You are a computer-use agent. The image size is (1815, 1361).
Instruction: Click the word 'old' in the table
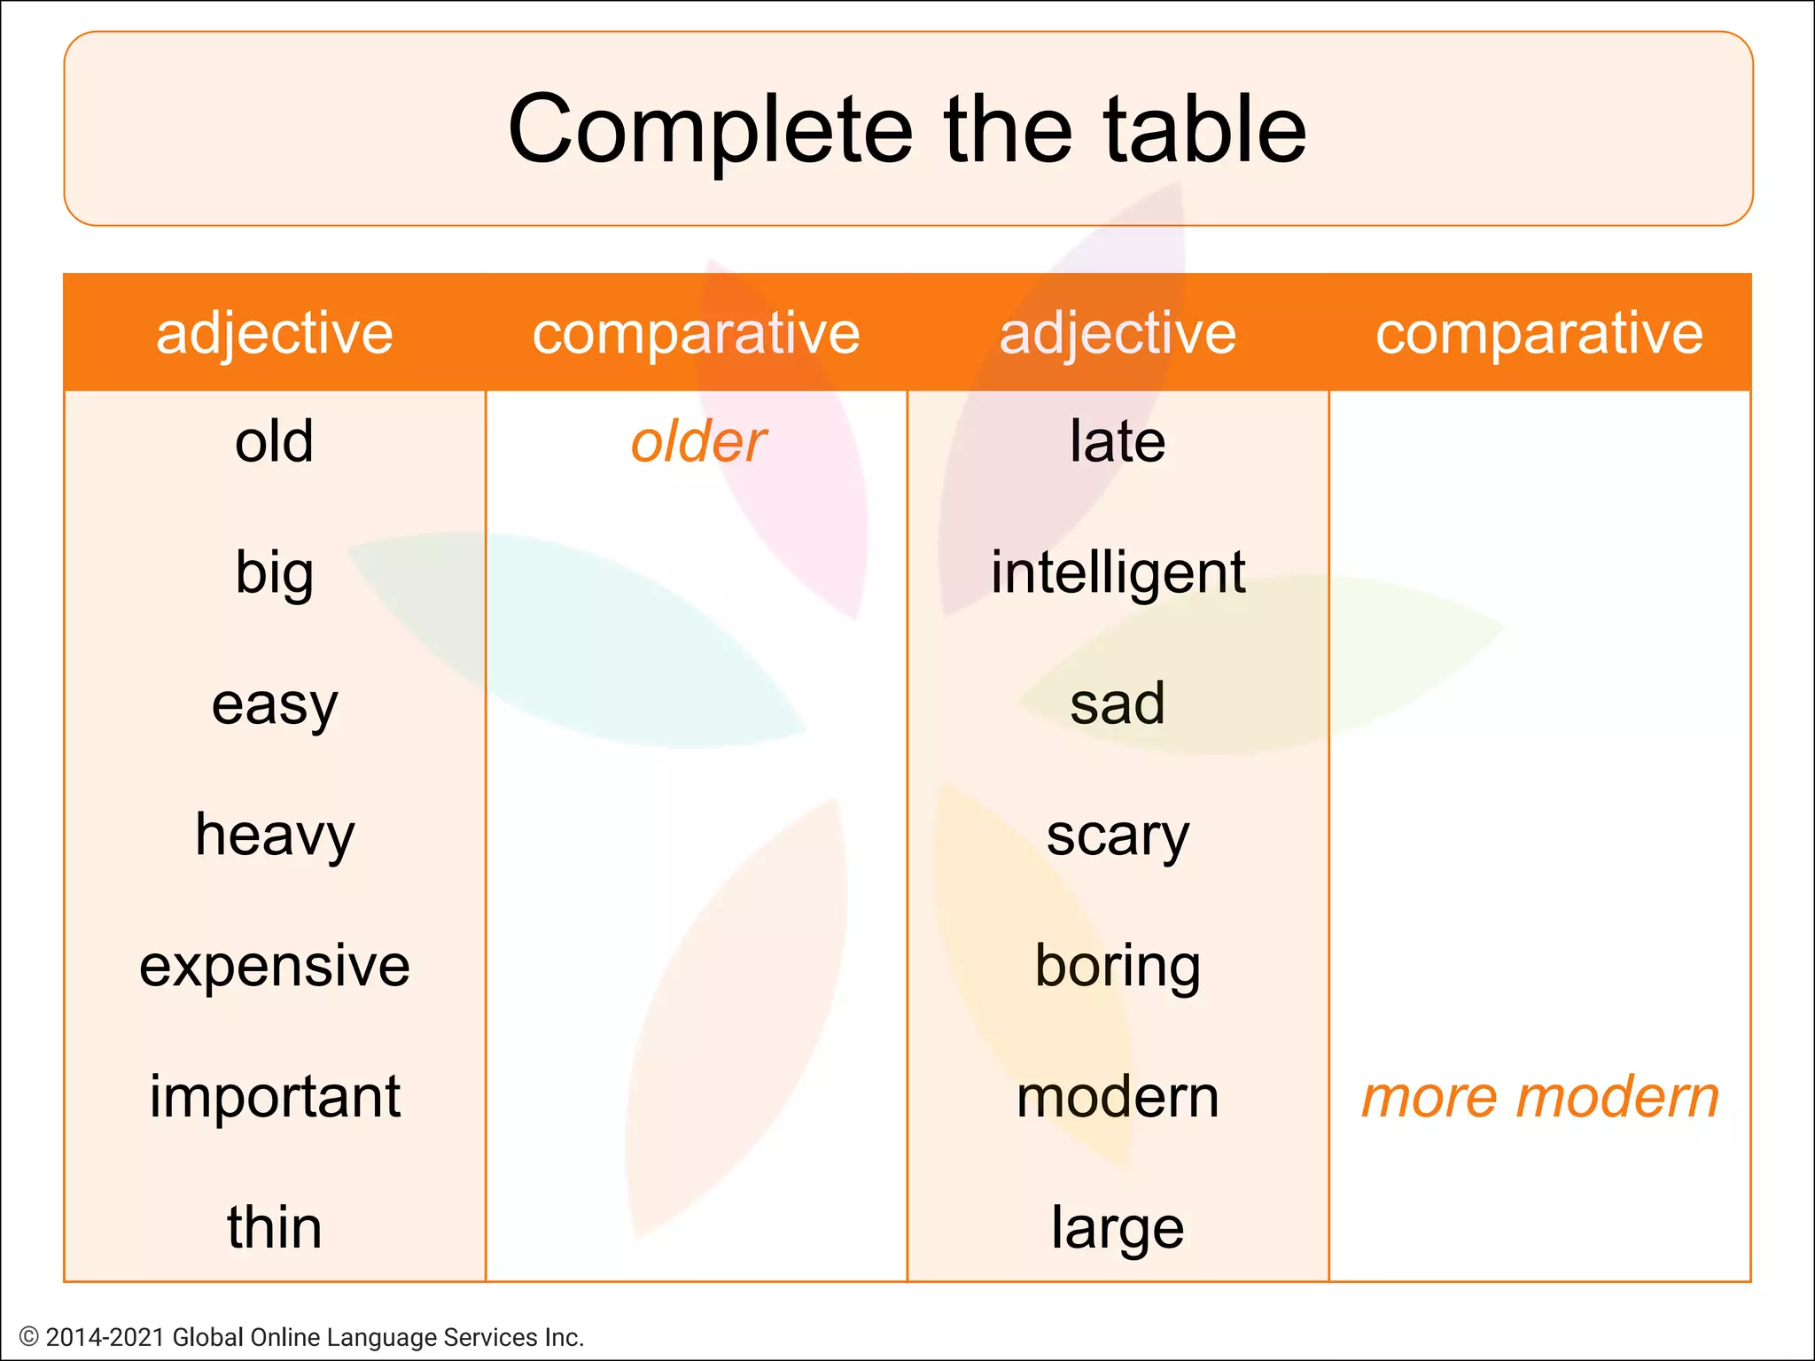click(274, 440)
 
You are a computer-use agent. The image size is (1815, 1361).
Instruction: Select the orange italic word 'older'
click(697, 441)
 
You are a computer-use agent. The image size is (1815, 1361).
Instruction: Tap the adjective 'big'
click(274, 572)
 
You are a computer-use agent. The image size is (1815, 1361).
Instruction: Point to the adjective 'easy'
click(274, 705)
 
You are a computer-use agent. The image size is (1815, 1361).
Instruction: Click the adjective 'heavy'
click(274, 835)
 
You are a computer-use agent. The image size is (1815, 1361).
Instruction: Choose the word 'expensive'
click(274, 966)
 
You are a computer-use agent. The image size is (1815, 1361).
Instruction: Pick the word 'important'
click(274, 1097)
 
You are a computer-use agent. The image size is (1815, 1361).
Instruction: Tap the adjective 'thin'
click(274, 1227)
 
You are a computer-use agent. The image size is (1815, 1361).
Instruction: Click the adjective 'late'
click(1117, 440)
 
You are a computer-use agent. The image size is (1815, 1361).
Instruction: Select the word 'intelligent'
click(1118, 572)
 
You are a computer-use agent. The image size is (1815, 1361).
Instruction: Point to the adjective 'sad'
click(1117, 704)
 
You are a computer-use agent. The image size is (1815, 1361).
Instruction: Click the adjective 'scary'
click(1117, 836)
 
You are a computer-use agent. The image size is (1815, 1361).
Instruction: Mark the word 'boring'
click(1117, 966)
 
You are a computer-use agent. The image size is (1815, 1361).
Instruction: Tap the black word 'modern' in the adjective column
click(1117, 1097)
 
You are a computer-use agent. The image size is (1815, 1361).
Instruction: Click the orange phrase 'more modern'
click(1539, 1097)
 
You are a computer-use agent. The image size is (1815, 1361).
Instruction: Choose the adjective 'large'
click(1117, 1228)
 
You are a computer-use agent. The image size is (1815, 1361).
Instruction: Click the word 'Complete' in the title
click(710, 130)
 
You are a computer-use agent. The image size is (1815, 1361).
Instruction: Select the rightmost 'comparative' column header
click(1538, 333)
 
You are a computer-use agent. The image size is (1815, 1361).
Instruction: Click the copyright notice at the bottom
click(301, 1336)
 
